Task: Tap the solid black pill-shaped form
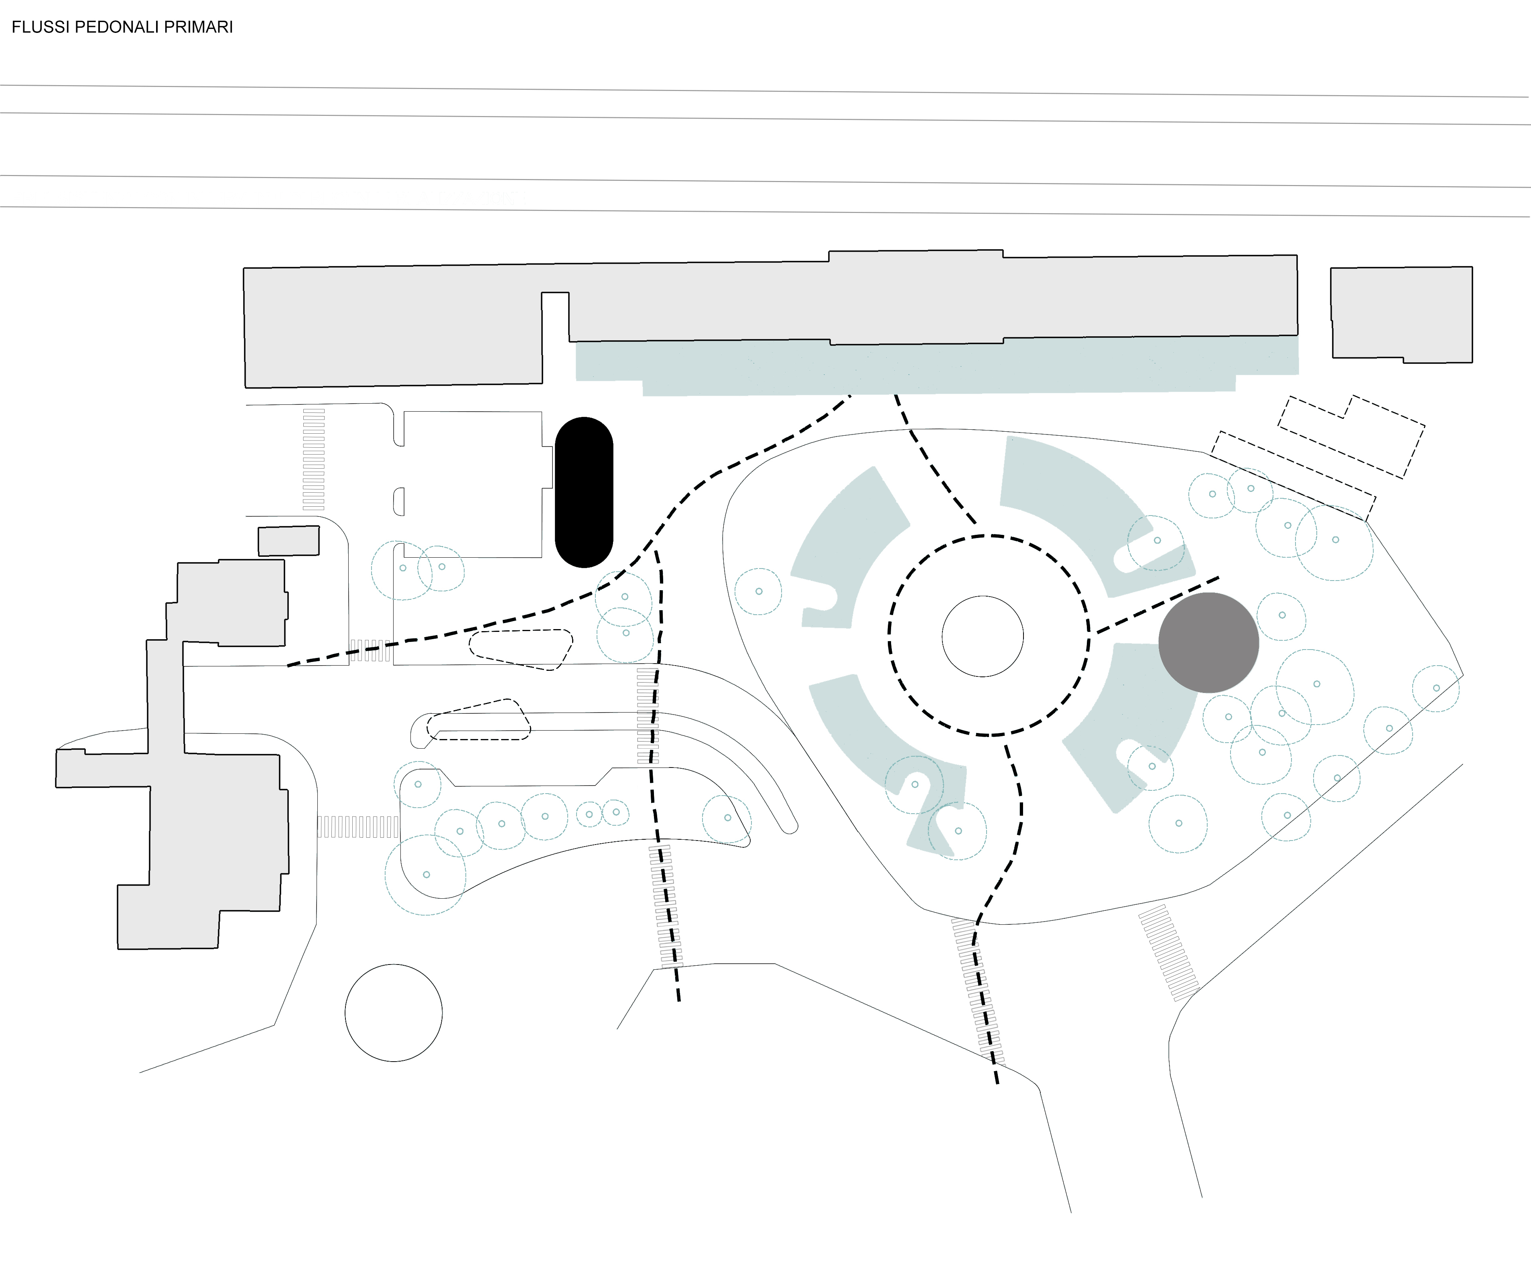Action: tap(584, 493)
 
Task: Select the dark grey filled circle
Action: tap(1209, 642)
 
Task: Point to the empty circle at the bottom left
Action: tap(394, 1013)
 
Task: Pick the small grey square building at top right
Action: tap(1401, 314)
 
